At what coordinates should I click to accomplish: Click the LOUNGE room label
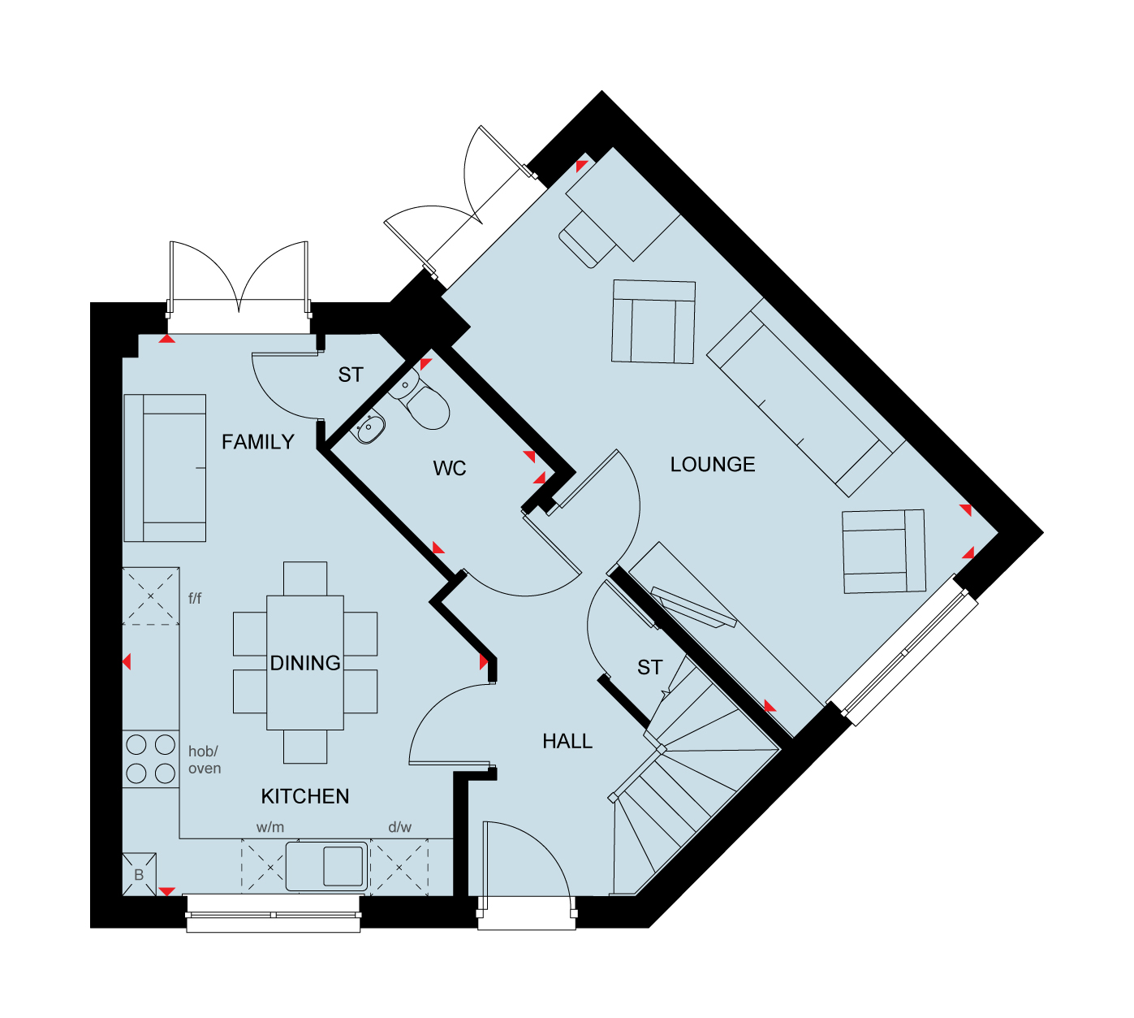pos(713,465)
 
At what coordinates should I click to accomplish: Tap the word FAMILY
pos(258,442)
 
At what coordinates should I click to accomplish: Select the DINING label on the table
pos(305,663)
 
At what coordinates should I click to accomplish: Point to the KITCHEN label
pos(305,796)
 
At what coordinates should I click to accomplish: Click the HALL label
pos(567,741)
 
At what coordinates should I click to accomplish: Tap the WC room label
pos(450,469)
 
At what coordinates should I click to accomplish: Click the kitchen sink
pos(327,866)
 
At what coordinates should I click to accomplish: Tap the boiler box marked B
pos(139,874)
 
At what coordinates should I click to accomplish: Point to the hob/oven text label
pos(205,760)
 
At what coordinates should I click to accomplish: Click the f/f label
pos(195,598)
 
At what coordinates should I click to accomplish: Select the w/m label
pos(270,827)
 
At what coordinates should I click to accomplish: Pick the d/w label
pos(399,827)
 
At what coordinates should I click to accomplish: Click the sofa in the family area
pos(165,468)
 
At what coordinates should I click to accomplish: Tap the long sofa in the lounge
pos(806,398)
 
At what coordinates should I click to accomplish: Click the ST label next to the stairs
pos(650,667)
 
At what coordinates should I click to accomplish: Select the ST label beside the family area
pos(351,375)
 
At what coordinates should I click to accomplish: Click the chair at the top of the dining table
pos(305,578)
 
